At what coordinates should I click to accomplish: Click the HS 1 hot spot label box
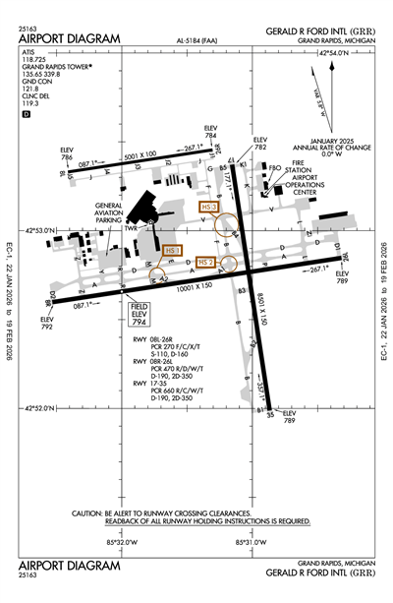[172, 251]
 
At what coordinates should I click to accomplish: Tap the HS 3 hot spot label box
[208, 208]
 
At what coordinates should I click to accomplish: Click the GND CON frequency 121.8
[28, 87]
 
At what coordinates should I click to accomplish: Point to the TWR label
[130, 227]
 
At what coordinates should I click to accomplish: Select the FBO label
[275, 168]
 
